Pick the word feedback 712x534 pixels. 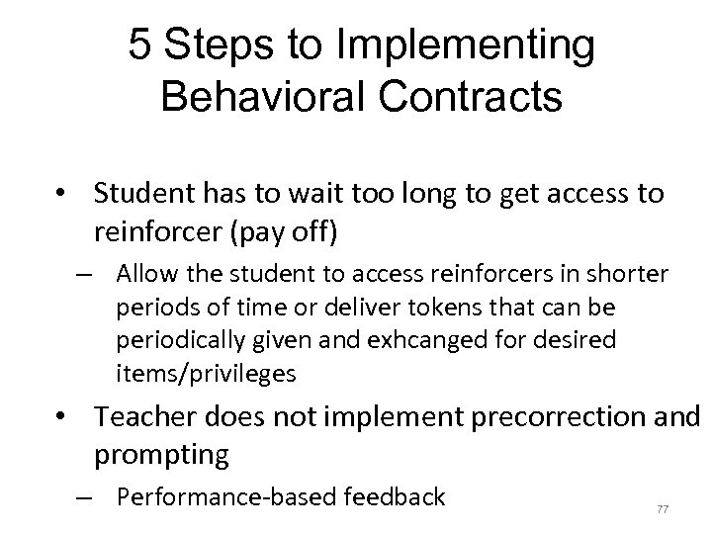click(x=392, y=495)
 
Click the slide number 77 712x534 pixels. click(x=662, y=509)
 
